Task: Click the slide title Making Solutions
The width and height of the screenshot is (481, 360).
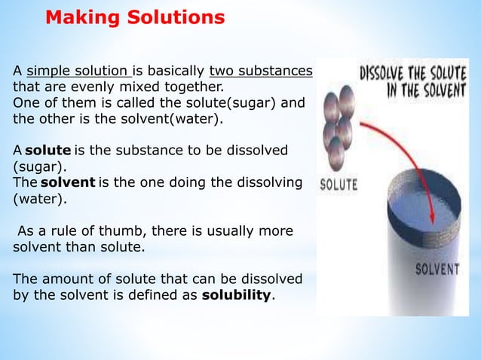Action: click(135, 17)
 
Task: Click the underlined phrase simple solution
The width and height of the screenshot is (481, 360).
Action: click(78, 72)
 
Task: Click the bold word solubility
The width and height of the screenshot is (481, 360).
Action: click(236, 294)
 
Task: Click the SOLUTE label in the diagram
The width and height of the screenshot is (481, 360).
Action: click(339, 184)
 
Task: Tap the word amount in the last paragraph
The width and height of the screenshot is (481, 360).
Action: click(65, 279)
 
